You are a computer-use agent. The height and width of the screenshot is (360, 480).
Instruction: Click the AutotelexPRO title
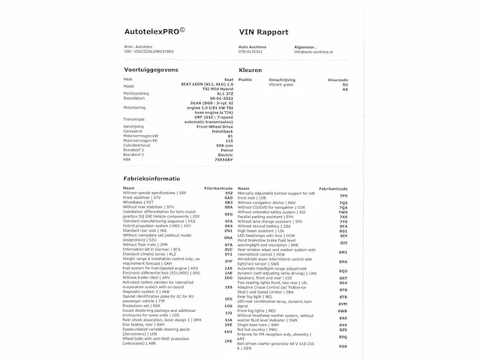[155, 32]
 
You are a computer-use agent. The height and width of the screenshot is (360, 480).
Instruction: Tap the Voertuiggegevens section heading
[152, 68]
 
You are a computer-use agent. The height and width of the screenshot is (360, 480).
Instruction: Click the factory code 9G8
[343, 346]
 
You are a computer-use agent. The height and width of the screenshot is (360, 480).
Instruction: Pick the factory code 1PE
[228, 341]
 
